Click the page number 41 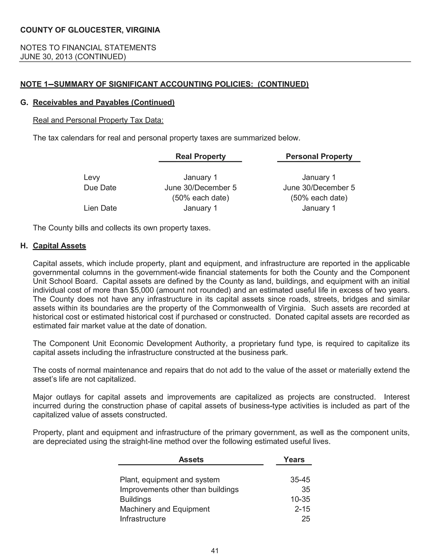click(x=215, y=551)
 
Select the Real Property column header click(x=201, y=156)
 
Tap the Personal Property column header click(x=319, y=156)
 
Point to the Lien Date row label click(x=100, y=208)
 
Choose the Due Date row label click(x=100, y=188)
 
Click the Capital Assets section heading click(x=59, y=246)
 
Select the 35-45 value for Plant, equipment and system click(x=300, y=480)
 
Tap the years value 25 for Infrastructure click(x=306, y=519)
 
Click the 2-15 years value click(x=302, y=509)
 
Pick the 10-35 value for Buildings click(x=300, y=499)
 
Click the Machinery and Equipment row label click(x=165, y=509)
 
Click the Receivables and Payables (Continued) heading click(x=104, y=102)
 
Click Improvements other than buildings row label click(x=179, y=489)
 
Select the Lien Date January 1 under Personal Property click(x=319, y=208)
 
